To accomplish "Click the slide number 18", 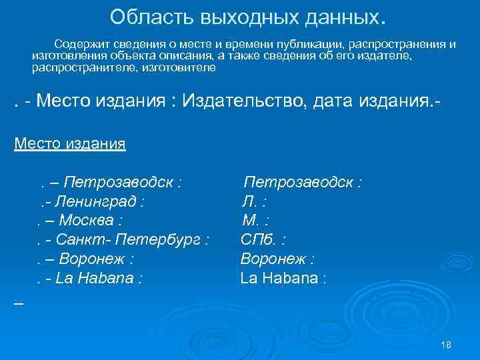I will tap(447, 344).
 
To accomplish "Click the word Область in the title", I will tap(139, 16).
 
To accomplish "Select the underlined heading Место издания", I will tap(70, 143).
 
